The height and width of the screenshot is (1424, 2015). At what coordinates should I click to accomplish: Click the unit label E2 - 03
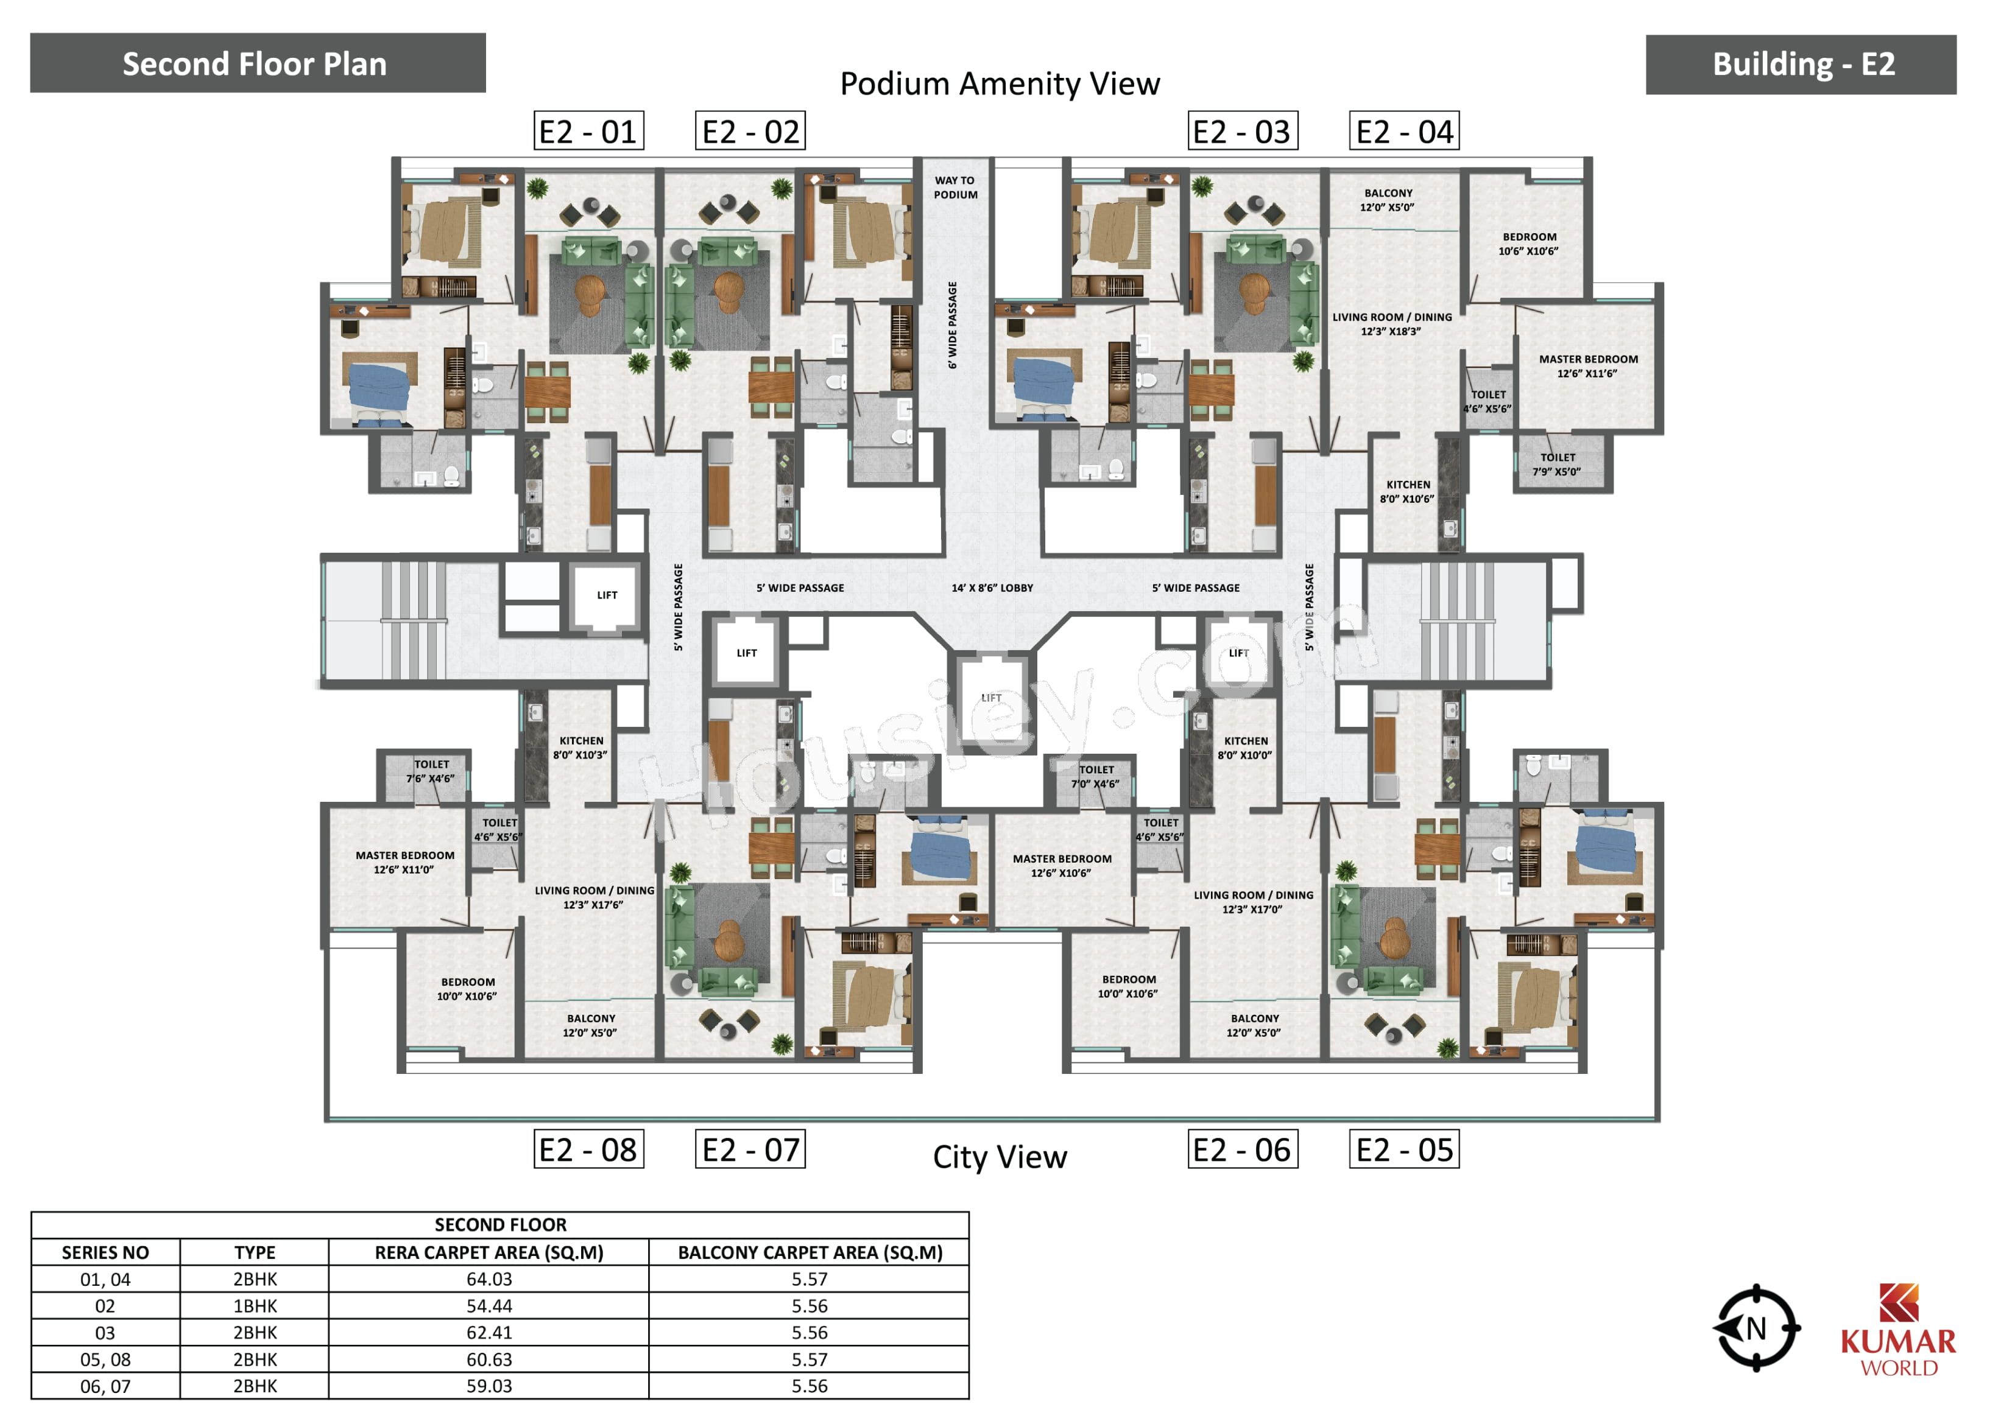tap(1242, 132)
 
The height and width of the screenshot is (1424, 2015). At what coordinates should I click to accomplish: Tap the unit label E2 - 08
tap(589, 1149)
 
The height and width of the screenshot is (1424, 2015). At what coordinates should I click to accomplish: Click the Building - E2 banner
tap(1801, 64)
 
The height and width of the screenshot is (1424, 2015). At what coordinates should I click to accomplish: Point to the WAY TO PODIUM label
tap(955, 188)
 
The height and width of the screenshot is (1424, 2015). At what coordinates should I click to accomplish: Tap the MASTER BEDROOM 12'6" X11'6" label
tap(1587, 367)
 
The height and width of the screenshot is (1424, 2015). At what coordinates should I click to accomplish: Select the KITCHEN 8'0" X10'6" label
tap(1408, 492)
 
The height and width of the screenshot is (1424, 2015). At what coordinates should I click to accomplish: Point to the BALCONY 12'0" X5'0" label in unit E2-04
tap(1388, 200)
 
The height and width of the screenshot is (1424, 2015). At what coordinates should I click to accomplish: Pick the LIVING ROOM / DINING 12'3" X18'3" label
tap(1392, 324)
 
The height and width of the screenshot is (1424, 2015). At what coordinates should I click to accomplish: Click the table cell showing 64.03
tap(489, 1279)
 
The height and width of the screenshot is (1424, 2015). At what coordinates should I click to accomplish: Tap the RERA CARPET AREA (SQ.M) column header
tap(489, 1252)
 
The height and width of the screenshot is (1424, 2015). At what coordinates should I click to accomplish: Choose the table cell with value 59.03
tap(489, 1386)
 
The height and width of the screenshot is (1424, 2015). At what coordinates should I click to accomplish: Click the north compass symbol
tap(1756, 1328)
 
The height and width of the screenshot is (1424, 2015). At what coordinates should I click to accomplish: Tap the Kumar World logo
tap(1897, 1330)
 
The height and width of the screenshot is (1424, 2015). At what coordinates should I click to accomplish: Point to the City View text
tap(1000, 1157)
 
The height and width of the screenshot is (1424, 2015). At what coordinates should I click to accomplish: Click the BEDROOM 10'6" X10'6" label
tap(1529, 244)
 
